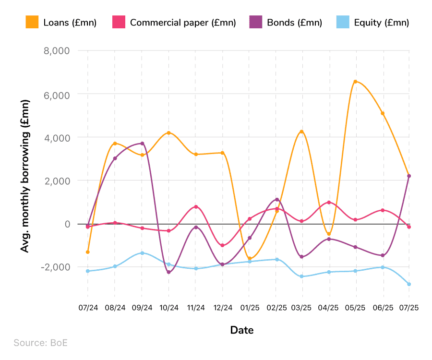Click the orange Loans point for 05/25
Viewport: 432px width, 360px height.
click(x=355, y=82)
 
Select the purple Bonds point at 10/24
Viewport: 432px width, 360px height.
click(x=168, y=272)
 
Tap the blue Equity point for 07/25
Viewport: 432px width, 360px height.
click(x=409, y=284)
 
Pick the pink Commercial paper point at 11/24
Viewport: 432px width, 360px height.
click(x=196, y=207)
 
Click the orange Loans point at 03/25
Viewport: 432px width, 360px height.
click(x=301, y=132)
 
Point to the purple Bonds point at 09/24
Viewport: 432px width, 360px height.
click(x=142, y=144)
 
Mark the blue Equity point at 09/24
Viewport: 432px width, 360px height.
click(x=142, y=253)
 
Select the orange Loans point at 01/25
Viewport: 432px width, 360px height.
click(x=250, y=259)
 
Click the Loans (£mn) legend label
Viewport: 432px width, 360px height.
click(x=70, y=23)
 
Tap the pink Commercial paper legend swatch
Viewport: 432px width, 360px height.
click(x=119, y=23)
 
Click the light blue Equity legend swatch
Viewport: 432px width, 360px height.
click(x=343, y=23)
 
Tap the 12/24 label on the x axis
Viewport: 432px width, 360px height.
click(x=223, y=308)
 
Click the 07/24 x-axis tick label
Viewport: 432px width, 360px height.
click(x=88, y=308)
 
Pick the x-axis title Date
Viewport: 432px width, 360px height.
click(x=242, y=330)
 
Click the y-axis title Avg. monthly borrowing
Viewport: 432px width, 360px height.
click(x=25, y=176)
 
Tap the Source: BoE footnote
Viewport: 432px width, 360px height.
click(x=40, y=343)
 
